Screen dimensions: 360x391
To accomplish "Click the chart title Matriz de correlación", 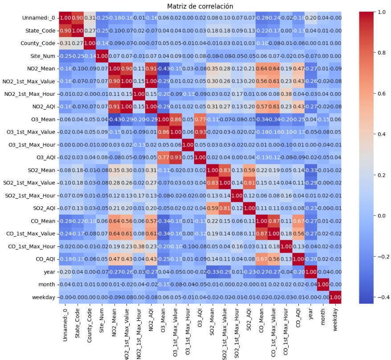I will tap(200, 6).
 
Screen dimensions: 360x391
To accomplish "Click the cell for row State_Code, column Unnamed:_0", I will tap(64, 30).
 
